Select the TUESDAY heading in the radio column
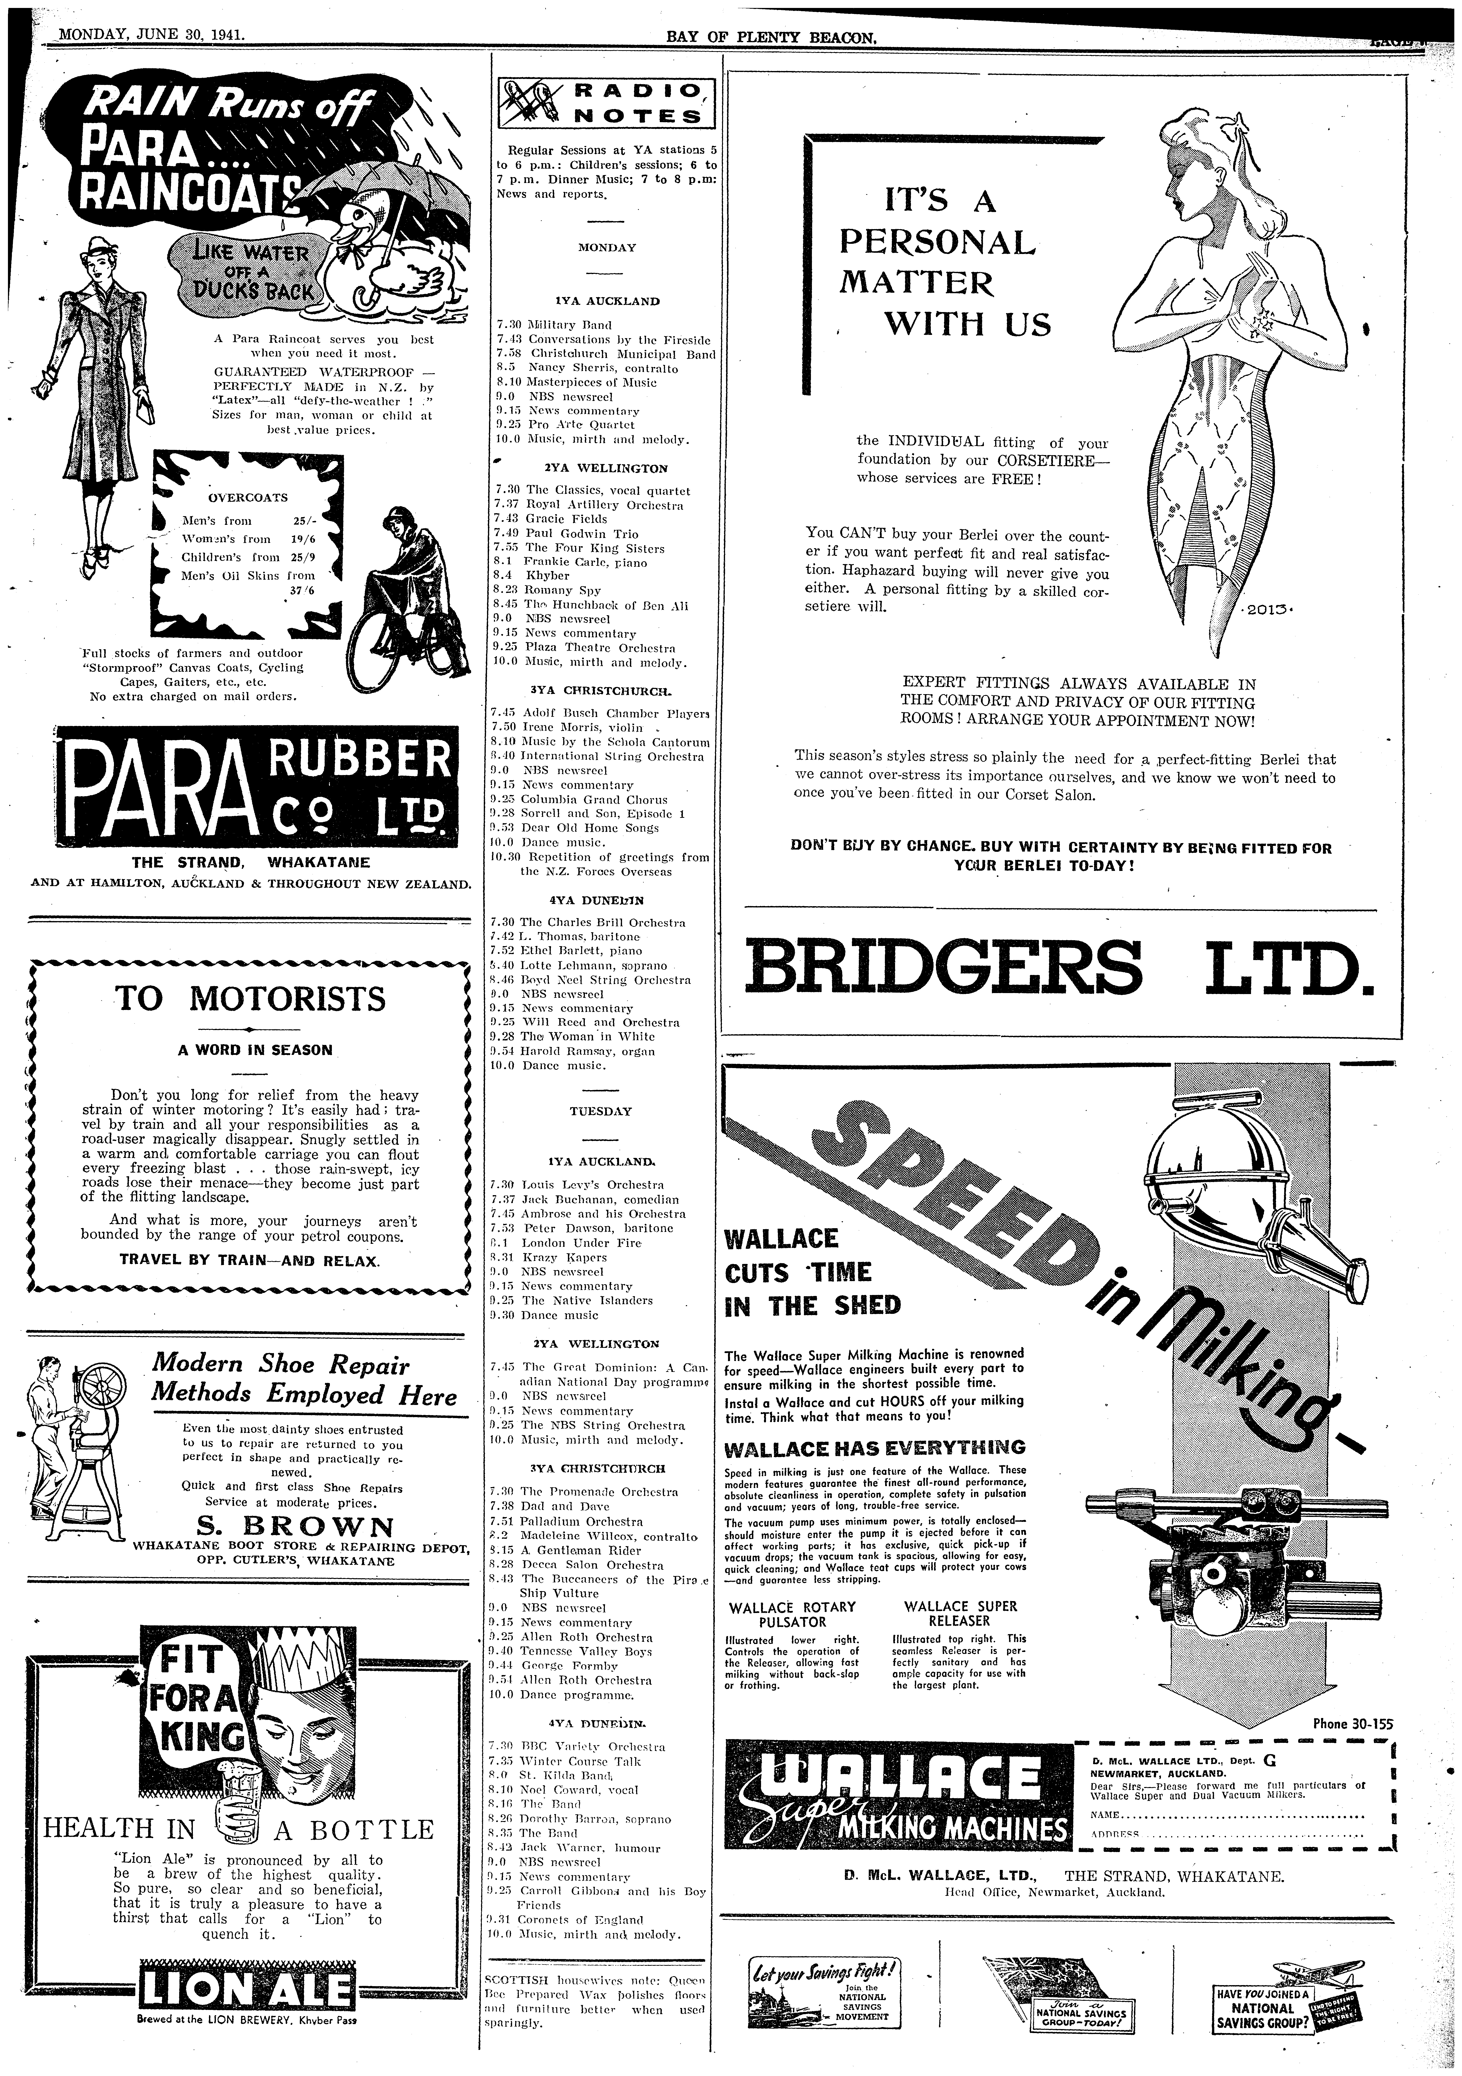coord(600,1111)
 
